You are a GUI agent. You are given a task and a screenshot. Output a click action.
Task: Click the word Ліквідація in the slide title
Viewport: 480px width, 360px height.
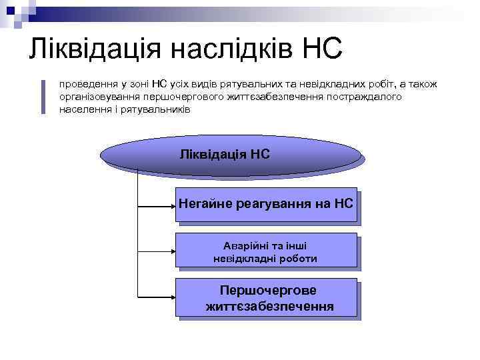tap(95, 49)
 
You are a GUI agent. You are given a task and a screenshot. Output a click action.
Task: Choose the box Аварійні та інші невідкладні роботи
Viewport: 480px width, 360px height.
tap(265, 251)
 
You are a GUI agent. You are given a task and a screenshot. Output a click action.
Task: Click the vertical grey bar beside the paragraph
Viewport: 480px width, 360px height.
tap(43, 97)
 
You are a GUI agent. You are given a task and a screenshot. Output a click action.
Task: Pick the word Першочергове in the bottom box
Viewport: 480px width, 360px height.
tap(268, 291)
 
